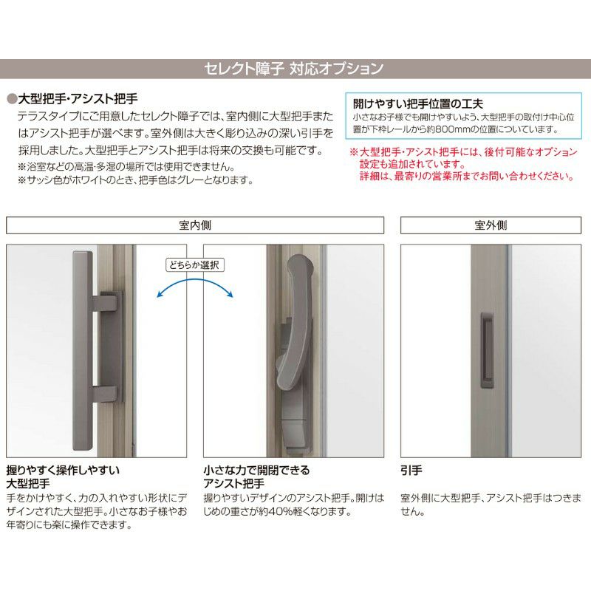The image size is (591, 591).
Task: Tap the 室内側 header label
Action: pos(195,225)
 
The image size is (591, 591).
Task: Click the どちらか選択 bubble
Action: pos(195,264)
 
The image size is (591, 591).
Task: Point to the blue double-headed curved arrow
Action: pos(195,284)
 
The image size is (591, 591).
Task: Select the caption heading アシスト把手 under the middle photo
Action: pos(233,484)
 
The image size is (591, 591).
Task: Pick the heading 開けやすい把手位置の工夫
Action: pos(417,104)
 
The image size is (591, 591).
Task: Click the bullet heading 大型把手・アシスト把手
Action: pos(78,98)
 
